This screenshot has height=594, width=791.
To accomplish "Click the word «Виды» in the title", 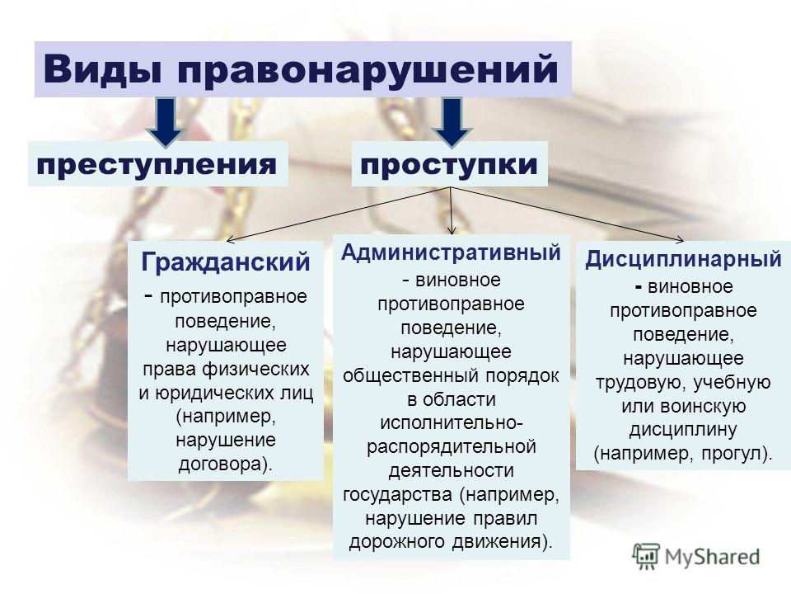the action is click(102, 68).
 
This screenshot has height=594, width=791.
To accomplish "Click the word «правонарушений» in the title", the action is click(367, 69).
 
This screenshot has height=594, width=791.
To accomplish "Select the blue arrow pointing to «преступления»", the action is click(166, 121).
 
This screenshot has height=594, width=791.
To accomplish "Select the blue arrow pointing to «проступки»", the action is click(452, 121).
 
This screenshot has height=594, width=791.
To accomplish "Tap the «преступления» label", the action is click(157, 164).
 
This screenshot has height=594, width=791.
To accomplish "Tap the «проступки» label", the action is click(449, 164).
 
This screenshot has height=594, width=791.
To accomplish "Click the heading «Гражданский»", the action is click(226, 262).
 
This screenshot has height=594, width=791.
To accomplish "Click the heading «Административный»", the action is click(451, 252).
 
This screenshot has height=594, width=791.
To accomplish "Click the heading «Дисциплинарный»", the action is click(683, 259).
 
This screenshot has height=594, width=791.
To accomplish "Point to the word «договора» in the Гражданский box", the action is click(221, 464).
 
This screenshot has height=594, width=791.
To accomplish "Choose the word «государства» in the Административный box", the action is click(397, 494).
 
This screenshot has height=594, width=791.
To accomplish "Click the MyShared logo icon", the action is click(646, 557).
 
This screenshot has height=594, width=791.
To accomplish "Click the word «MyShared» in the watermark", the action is click(712, 557).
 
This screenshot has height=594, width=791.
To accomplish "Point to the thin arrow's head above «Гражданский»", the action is click(228, 239).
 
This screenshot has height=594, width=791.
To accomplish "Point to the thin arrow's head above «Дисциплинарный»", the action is click(681, 240).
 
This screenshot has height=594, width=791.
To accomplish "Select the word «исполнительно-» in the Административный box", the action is click(451, 422).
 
